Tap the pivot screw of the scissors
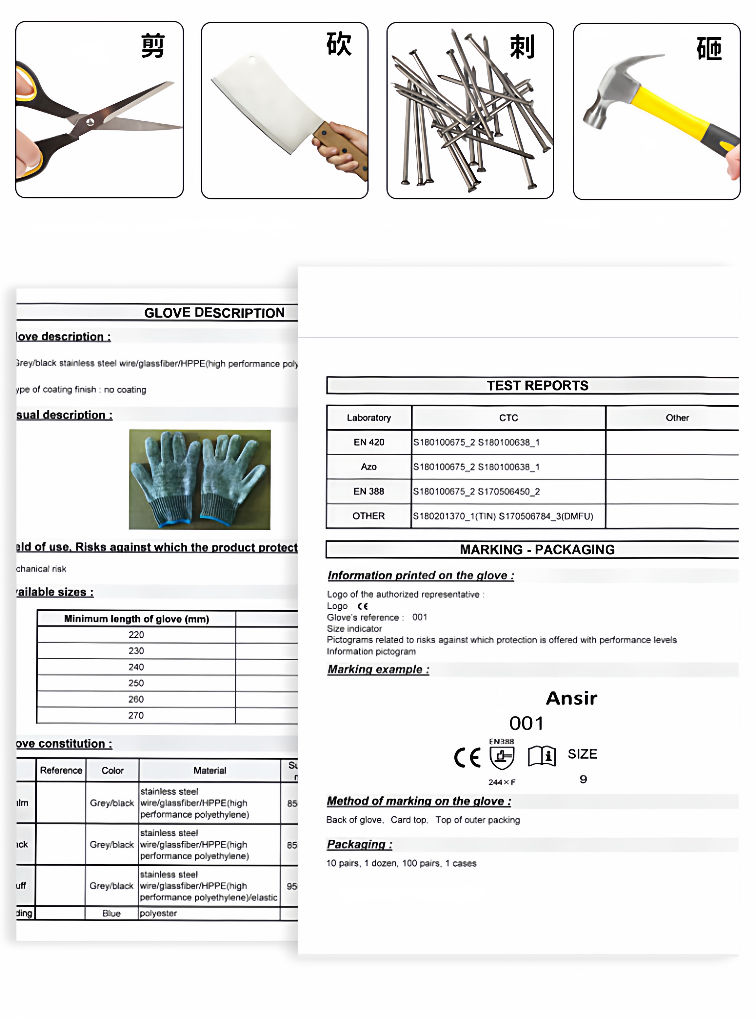tap(90, 122)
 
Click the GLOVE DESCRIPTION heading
tap(214, 313)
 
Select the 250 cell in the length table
tap(136, 683)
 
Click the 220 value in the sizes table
tap(136, 634)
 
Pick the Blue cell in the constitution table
tap(112, 913)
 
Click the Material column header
tap(210, 770)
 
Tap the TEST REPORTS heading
tap(537, 385)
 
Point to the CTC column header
tap(508, 418)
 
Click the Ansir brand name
tap(571, 698)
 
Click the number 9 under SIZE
tap(583, 779)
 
